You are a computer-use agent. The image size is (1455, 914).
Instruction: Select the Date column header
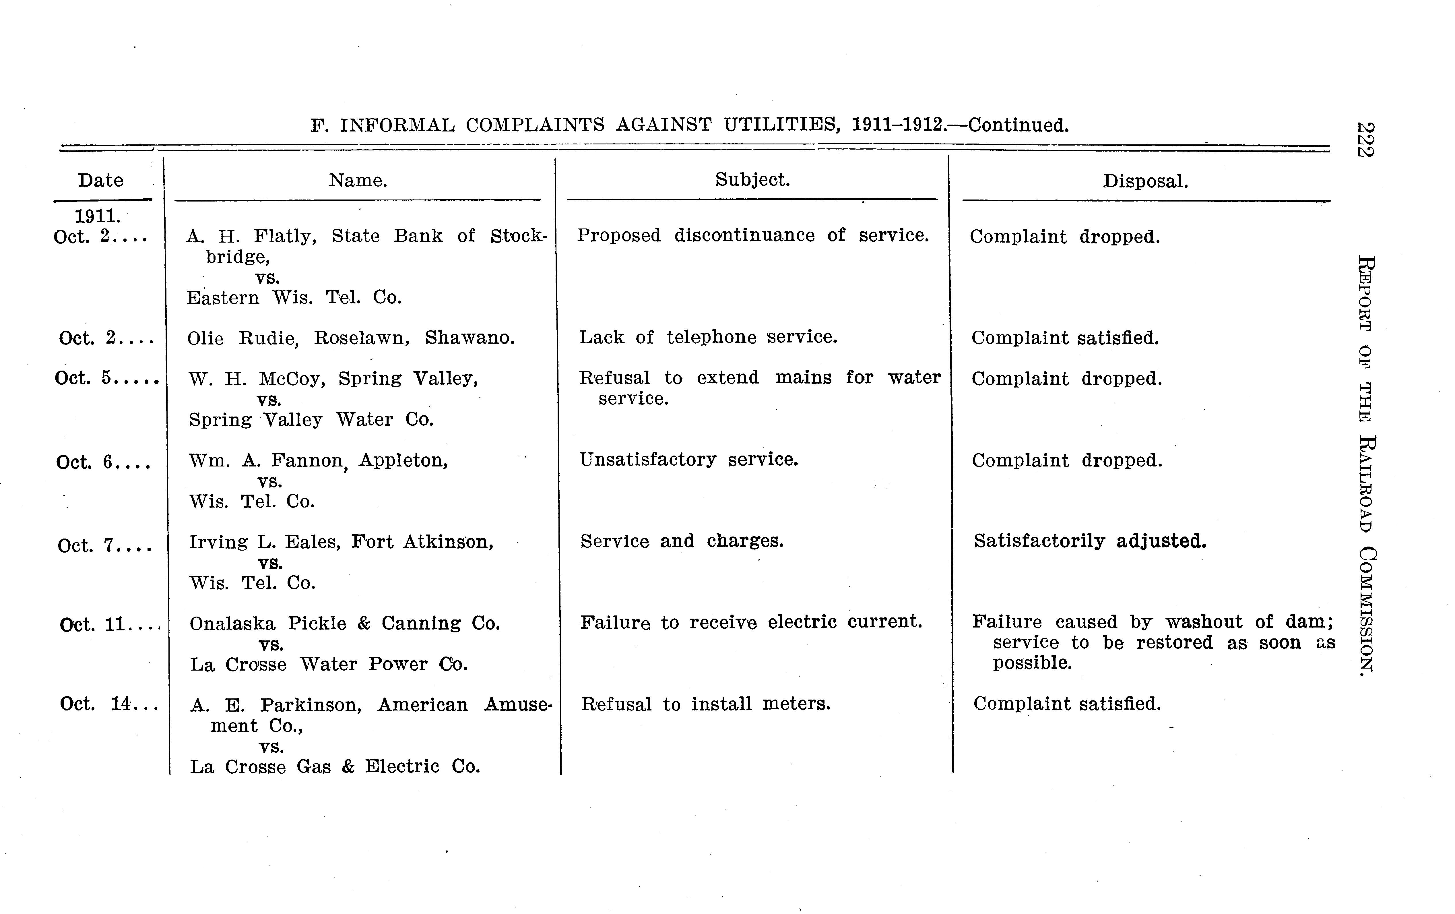tap(100, 180)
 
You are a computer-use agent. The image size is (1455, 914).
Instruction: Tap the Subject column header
tap(752, 179)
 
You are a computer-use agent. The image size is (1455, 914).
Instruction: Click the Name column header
tap(358, 180)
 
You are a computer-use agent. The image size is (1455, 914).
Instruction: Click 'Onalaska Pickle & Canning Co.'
tap(344, 623)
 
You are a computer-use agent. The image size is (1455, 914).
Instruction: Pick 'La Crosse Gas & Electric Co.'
tap(335, 766)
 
